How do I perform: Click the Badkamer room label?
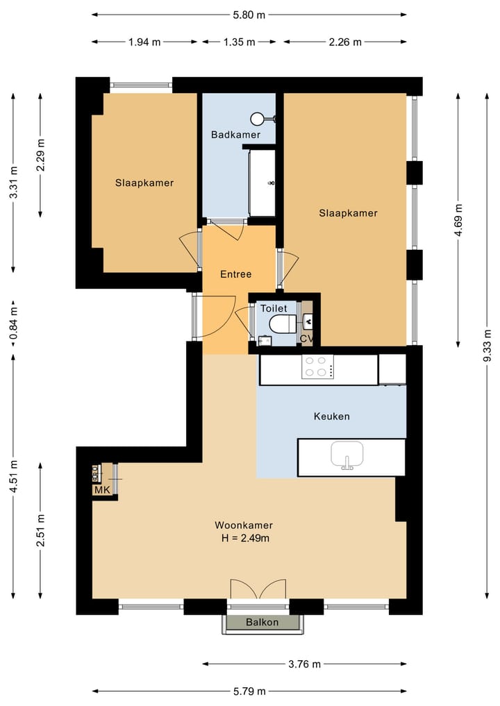235,135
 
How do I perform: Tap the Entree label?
235,274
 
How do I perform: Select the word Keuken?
331,416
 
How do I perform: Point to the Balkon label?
262,622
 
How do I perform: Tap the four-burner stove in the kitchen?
317,367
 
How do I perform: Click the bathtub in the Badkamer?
262,183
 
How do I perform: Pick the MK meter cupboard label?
102,490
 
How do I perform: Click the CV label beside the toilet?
307,338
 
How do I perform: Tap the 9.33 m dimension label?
487,345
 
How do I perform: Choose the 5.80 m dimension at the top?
249,15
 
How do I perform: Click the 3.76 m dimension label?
304,664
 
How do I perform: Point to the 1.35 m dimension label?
239,42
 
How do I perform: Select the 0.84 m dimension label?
13,323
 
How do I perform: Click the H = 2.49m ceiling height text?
246,538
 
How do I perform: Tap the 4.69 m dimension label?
458,220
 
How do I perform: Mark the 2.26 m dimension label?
345,42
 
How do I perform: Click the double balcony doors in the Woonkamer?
258,589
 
